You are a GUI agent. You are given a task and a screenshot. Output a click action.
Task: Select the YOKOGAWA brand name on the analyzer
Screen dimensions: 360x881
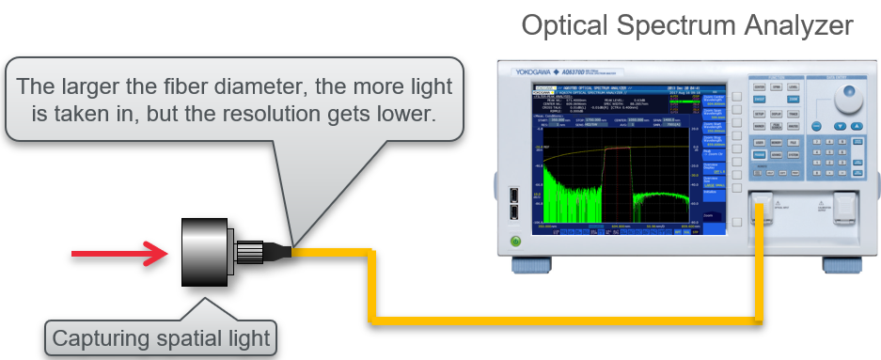click(542, 71)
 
